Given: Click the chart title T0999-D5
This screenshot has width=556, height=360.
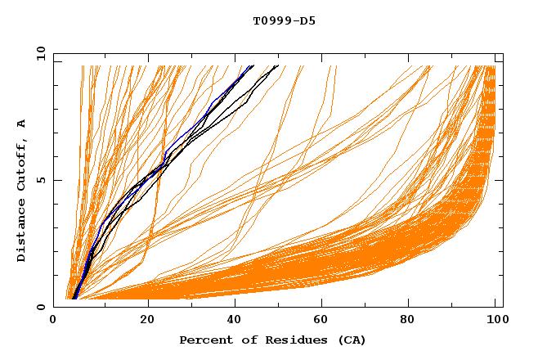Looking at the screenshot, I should (x=284, y=20).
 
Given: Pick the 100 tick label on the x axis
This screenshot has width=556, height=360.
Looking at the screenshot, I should (x=496, y=321).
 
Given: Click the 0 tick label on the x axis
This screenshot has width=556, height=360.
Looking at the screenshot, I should (x=54, y=321).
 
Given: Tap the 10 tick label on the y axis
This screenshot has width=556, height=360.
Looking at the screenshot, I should (x=38, y=53).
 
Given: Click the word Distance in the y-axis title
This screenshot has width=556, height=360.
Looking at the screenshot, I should (x=21, y=230).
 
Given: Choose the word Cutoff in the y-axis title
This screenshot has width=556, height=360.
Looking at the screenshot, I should (x=21, y=164).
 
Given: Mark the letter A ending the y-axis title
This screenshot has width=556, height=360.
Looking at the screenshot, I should (x=21, y=123).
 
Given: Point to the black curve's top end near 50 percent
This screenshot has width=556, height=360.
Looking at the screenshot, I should (x=277, y=65).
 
